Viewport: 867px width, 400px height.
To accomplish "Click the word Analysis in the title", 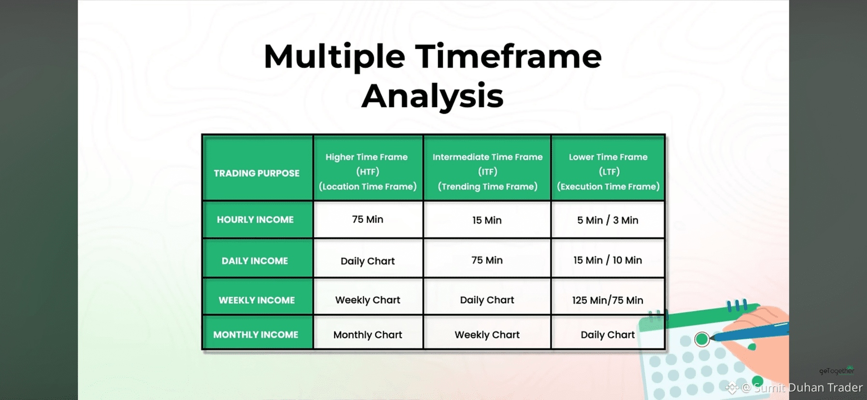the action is point(432,96).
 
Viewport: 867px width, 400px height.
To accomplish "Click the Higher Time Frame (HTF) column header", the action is point(368,168).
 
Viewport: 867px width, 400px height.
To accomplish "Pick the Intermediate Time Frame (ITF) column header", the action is point(487,168).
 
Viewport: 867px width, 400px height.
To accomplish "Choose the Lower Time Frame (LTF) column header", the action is point(608,168).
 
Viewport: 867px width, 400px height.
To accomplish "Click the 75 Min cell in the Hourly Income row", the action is point(368,220).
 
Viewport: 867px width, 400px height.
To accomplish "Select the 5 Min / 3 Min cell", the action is point(608,220).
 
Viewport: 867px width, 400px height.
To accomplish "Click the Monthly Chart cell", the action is point(368,332).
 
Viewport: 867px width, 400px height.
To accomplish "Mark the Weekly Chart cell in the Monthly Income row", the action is point(487,332).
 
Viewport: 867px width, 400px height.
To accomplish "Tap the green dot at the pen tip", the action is point(702,339).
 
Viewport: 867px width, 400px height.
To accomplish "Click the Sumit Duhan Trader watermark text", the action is point(808,387).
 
